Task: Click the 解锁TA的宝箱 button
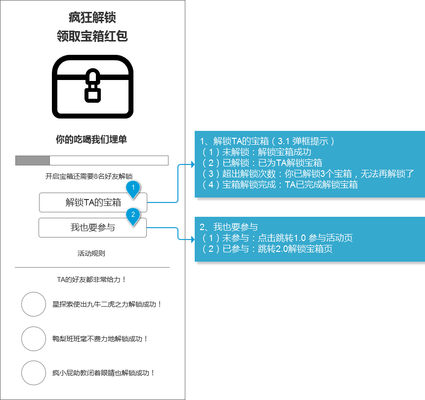93,202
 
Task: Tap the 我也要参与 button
92,228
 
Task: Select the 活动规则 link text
91,253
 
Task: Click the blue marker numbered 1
133,189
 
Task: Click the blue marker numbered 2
133,216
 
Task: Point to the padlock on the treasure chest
93,85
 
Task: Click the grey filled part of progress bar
33,160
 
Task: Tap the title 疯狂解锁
92,18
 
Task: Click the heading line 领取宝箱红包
92,36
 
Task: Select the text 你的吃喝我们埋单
91,139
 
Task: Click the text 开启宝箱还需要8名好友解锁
89,176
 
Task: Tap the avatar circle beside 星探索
34,304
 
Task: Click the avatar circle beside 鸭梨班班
34,339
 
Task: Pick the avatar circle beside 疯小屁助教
34,373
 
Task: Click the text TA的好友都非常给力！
91,280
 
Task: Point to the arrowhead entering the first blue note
193,164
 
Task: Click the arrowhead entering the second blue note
193,240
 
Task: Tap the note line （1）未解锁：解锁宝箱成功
255,152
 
